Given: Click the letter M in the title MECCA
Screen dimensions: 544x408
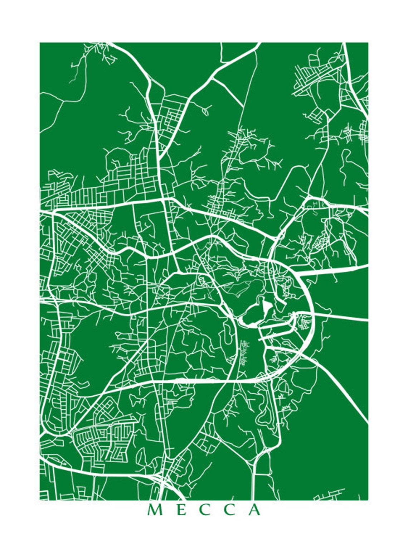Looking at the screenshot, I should tap(155, 510).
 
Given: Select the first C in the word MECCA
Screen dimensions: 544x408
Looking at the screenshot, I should tap(204, 510).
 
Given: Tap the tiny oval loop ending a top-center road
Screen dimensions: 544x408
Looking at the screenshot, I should tap(205, 111).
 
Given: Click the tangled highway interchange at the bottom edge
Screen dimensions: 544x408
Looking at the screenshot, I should tap(159, 482).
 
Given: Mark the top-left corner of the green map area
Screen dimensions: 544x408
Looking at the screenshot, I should tap(40, 43).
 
